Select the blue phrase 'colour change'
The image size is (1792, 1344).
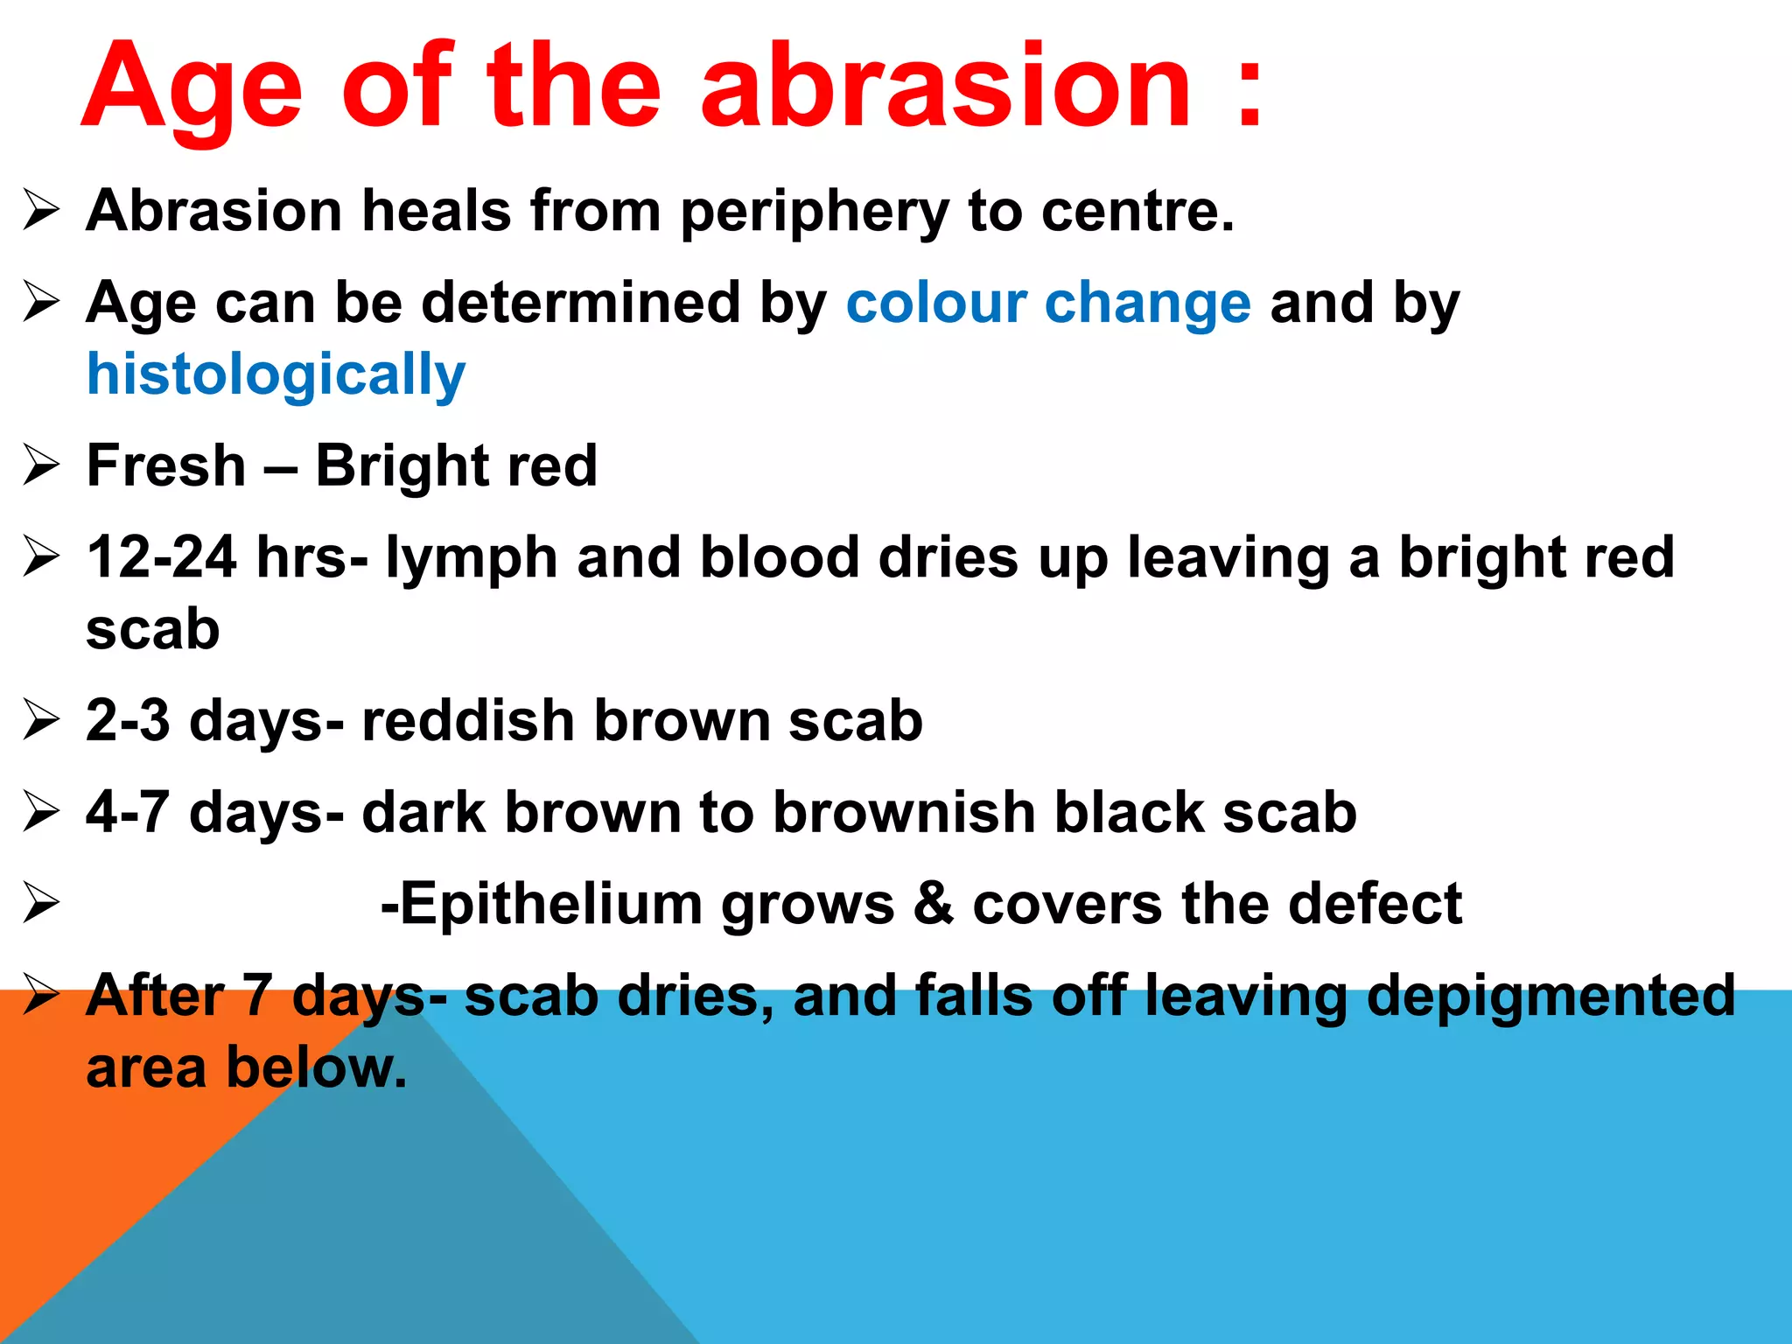(x=1048, y=303)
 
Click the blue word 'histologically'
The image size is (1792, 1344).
(x=276, y=375)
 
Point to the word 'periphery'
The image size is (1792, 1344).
(x=814, y=213)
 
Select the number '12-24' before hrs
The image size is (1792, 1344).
(x=162, y=557)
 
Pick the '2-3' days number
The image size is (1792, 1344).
(x=128, y=720)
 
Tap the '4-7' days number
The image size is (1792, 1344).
(x=128, y=812)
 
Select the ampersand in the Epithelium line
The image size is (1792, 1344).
(x=933, y=904)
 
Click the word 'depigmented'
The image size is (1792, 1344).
(x=1550, y=997)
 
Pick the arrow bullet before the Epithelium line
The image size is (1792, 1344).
(x=41, y=904)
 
